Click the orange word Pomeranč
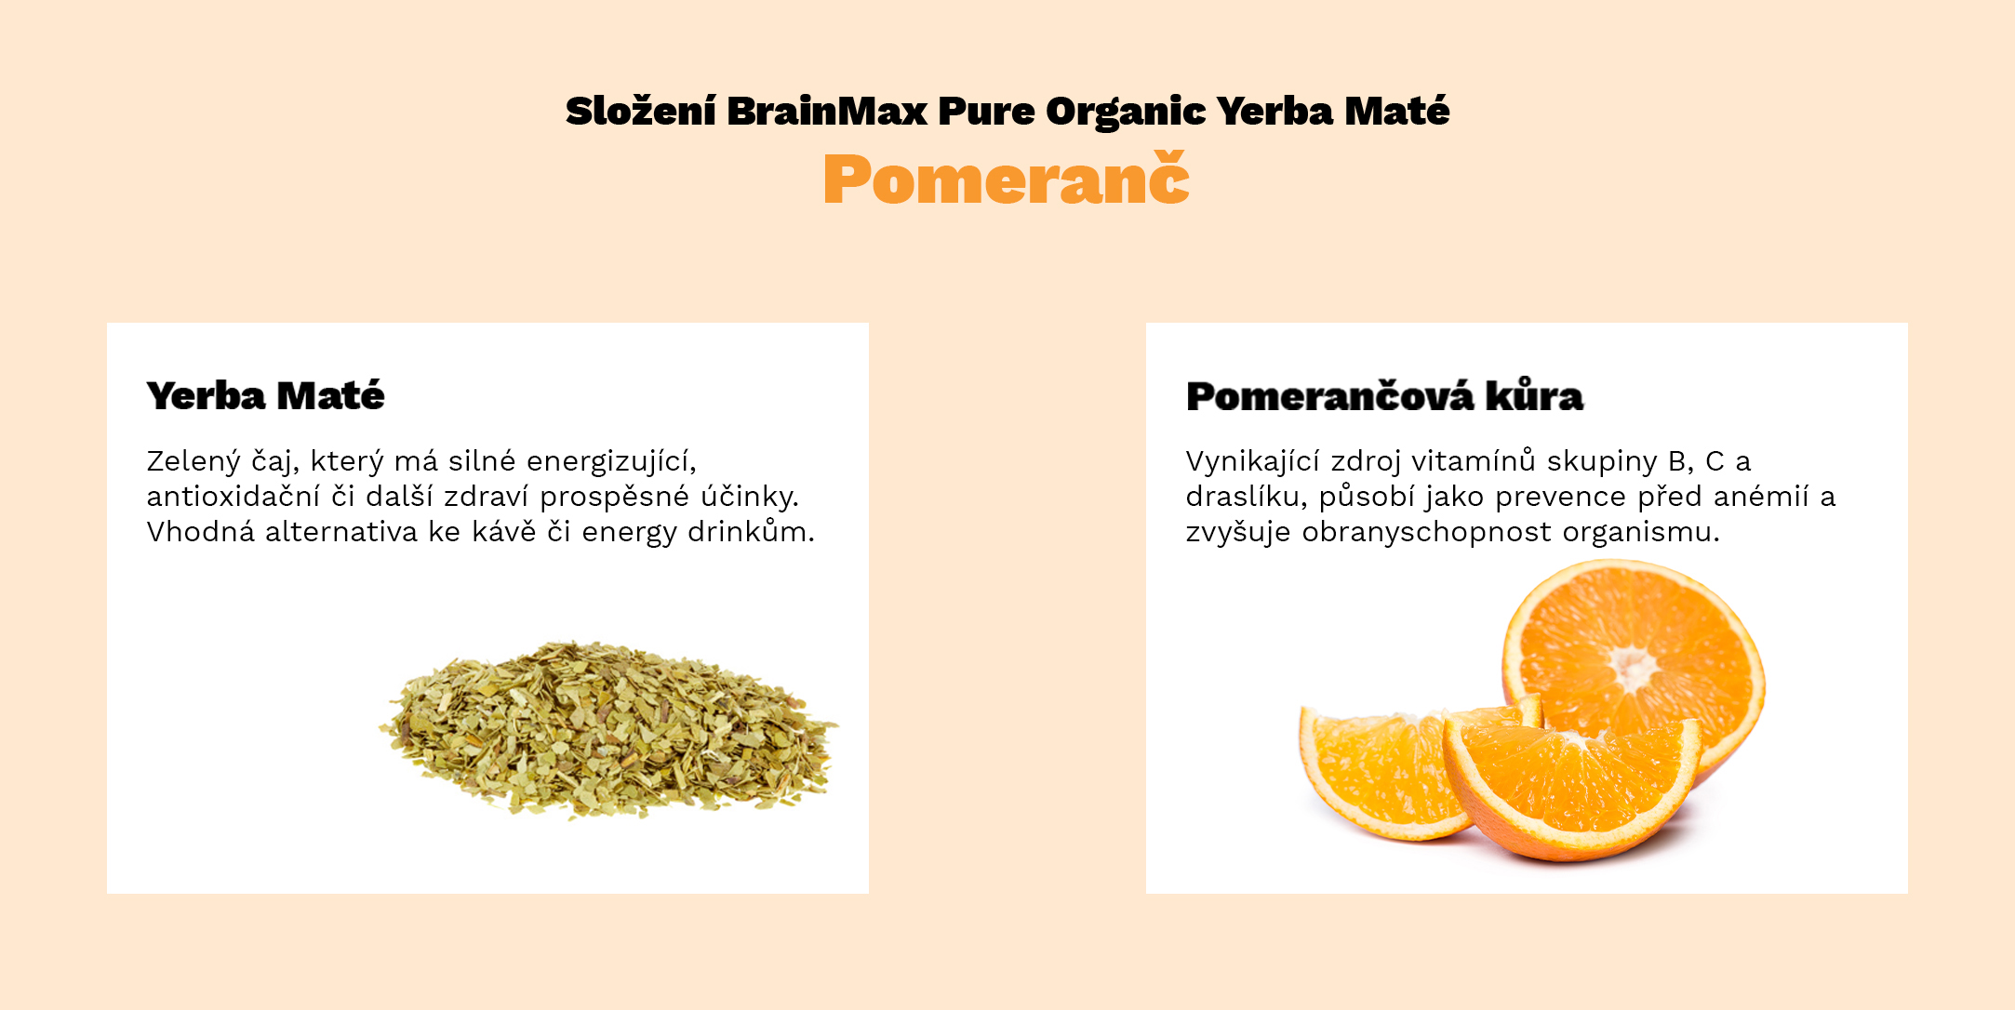[x=1006, y=179]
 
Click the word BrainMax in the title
[x=827, y=112]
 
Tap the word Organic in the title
[x=1126, y=112]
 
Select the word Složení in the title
[x=640, y=112]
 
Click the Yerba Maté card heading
[x=265, y=396]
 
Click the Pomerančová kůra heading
[x=1384, y=397]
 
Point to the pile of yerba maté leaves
[x=609, y=730]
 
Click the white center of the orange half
[x=1634, y=665]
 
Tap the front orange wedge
[x=1572, y=786]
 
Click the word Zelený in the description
[x=193, y=461]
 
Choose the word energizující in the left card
[x=610, y=461]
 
